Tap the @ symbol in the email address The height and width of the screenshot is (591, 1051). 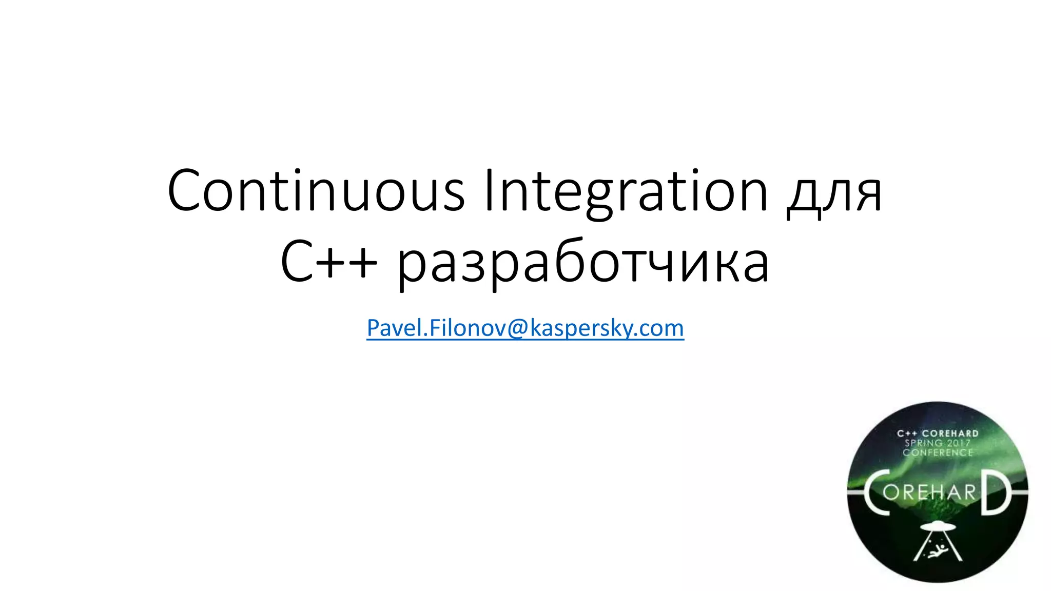pyautogui.click(x=518, y=328)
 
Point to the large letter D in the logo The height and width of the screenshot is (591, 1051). pyautogui.click(x=996, y=491)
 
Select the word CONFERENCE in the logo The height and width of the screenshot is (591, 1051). pyautogui.click(x=938, y=452)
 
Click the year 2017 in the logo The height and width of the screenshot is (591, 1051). pyautogui.click(x=958, y=443)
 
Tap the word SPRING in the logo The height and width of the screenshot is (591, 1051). pyautogui.click(x=924, y=443)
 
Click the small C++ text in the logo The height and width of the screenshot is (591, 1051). pyautogui.click(x=907, y=434)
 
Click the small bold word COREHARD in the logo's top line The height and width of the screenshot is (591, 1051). pyautogui.click(x=950, y=434)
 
